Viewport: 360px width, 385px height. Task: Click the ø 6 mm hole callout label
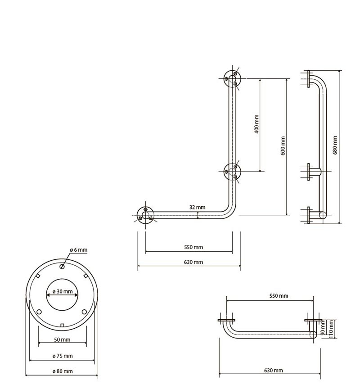tap(79, 250)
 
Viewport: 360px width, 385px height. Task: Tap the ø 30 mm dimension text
tap(63, 291)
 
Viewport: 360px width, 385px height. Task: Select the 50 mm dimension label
tap(63, 340)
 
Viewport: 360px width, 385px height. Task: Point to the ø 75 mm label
tap(63, 356)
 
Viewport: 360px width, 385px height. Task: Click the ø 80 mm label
tap(63, 371)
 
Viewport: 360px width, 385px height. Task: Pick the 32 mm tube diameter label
tap(197, 207)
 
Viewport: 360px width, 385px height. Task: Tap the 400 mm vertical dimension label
tap(256, 124)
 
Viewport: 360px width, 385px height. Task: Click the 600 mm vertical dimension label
tap(283, 146)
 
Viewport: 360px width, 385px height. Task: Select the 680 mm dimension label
tap(335, 145)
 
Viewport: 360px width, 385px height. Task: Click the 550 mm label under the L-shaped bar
tap(193, 247)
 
